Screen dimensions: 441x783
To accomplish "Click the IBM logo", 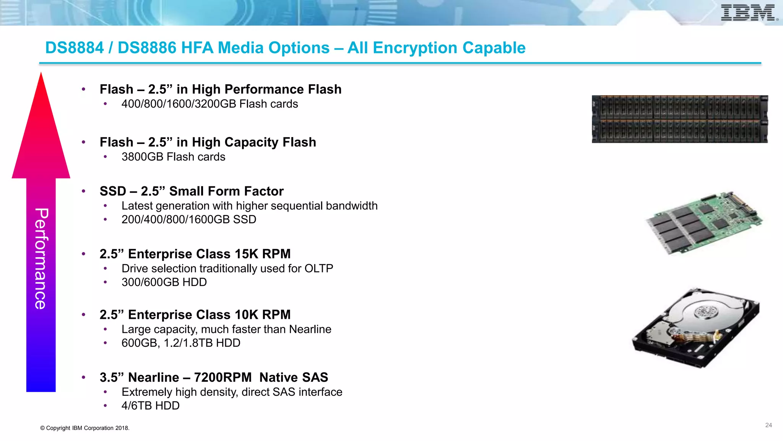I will point(749,13).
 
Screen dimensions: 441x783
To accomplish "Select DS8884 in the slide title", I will point(75,48).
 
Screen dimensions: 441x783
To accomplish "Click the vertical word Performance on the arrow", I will point(41,258).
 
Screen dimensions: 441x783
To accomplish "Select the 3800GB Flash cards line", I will point(173,157).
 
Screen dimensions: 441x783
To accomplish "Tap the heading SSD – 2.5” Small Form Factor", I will point(192,191).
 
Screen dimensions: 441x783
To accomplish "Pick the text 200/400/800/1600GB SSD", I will point(189,220).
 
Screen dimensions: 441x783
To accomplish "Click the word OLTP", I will point(318,269).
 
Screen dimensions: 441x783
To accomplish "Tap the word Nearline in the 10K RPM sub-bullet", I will point(310,330).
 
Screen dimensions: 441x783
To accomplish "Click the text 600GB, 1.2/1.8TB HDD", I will point(181,343).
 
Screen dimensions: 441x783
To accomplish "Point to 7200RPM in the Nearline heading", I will point(223,377).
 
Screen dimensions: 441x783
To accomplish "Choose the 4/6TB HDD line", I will point(150,406).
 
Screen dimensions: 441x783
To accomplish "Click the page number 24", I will point(768,425).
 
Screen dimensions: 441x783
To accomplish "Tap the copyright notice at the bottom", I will point(85,428).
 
